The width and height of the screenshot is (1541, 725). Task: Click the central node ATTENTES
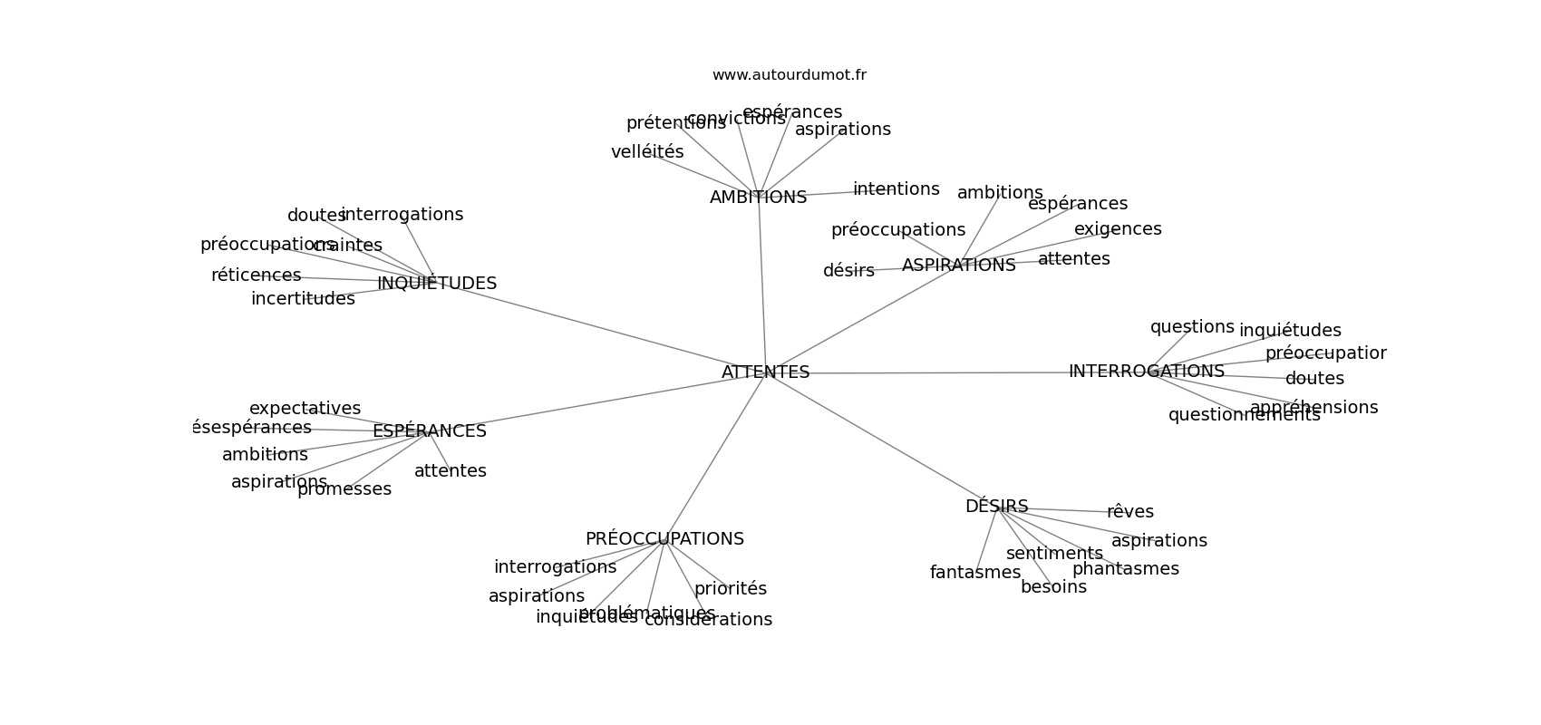765,372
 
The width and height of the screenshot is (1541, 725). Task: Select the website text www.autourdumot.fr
789,75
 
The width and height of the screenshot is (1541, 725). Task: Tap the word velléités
647,152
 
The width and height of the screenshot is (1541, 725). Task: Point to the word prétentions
675,123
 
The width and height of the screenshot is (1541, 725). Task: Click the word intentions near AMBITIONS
896,189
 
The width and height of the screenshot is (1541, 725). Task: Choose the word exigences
1118,229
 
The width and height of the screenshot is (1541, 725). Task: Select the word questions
1192,327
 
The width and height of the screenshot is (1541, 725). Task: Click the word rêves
1129,512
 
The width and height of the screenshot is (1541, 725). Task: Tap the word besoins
1053,587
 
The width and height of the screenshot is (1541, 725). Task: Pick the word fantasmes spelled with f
974,573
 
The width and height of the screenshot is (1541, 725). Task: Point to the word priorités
730,589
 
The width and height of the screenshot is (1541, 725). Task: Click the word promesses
344,489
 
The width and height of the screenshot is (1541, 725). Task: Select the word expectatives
305,409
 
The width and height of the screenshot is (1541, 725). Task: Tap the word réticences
256,275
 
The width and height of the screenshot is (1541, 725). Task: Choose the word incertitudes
303,299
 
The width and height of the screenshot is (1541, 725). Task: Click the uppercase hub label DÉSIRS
996,507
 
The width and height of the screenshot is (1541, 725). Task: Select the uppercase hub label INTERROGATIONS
1146,372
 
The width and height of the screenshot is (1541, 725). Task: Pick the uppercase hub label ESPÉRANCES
429,431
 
